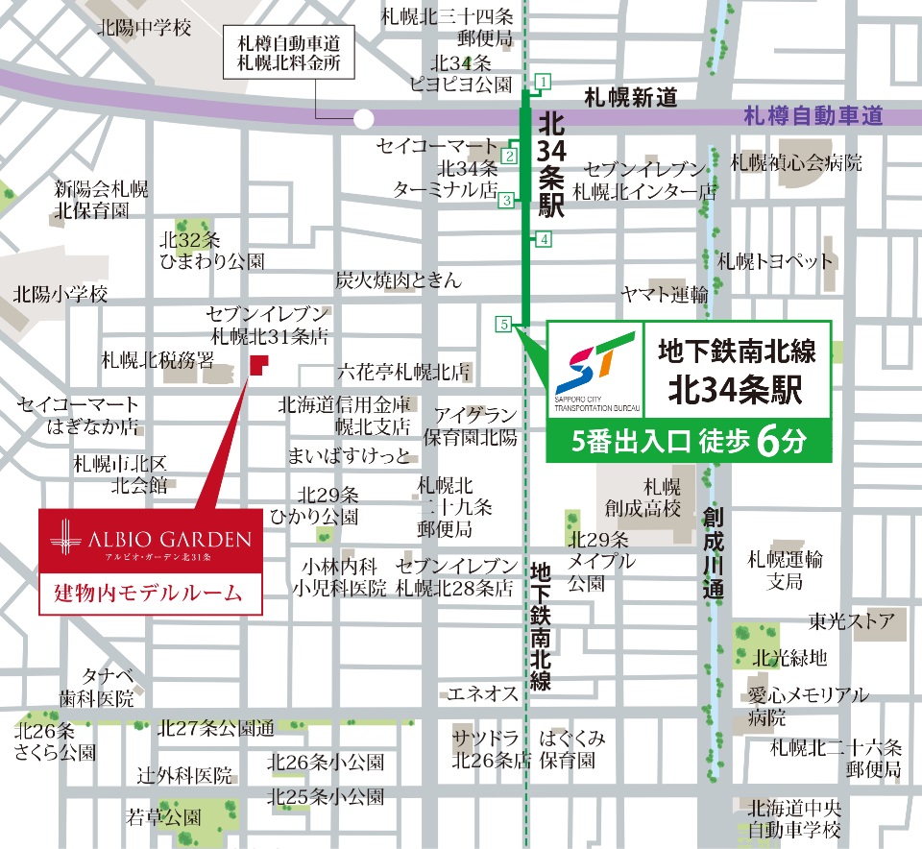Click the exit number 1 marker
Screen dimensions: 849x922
(x=544, y=82)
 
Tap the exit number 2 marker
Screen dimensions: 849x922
(x=510, y=156)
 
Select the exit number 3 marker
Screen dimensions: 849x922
(x=506, y=200)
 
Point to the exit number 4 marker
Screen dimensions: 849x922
(x=544, y=239)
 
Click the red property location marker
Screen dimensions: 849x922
(x=258, y=365)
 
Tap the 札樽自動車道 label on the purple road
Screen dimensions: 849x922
(x=813, y=117)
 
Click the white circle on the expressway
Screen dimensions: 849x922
(x=363, y=119)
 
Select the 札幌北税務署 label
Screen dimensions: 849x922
(x=158, y=360)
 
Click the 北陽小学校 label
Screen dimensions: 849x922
(x=61, y=294)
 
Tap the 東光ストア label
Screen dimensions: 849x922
(x=852, y=619)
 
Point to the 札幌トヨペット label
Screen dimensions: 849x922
(x=776, y=260)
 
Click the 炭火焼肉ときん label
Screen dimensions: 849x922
(x=399, y=280)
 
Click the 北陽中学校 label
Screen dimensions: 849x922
(x=143, y=28)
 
